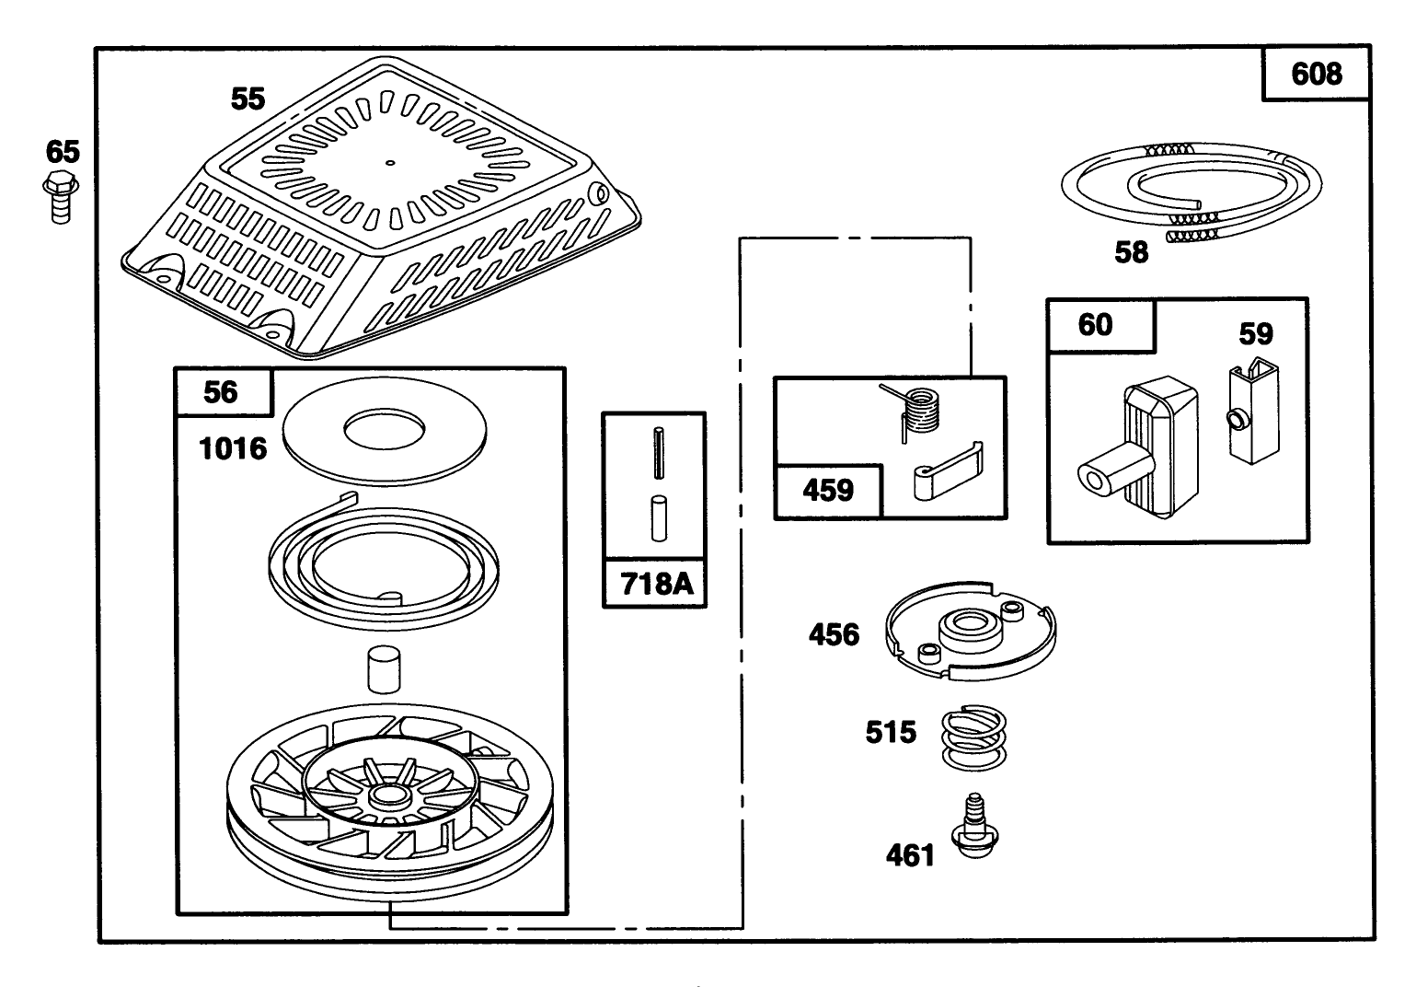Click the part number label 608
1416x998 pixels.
[1316, 74]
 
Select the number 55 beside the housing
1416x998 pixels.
[248, 99]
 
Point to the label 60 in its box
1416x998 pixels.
[1095, 325]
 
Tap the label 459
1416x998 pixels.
[828, 490]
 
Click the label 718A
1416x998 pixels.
[655, 584]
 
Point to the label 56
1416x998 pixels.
[221, 392]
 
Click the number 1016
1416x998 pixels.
[233, 449]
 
